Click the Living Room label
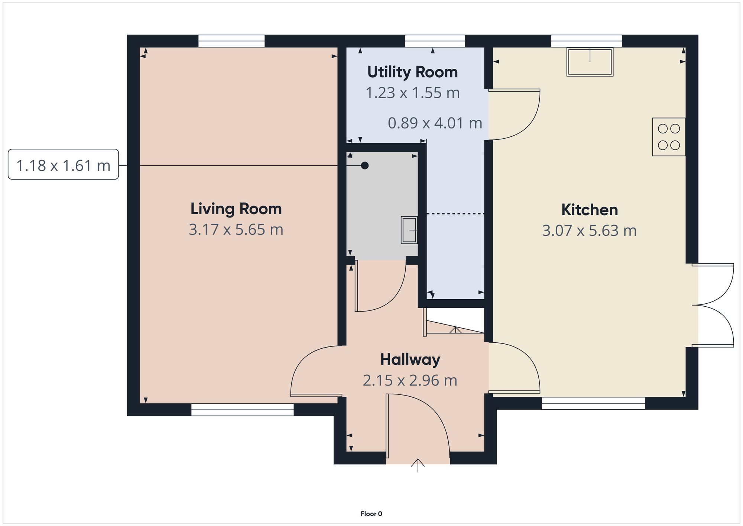(236, 209)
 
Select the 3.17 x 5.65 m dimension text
(236, 230)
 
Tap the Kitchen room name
(590, 210)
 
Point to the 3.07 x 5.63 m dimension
(589, 231)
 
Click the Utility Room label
(412, 72)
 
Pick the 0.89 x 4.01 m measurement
(435, 123)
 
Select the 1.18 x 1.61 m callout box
(63, 165)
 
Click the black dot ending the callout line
(365, 165)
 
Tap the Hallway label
(410, 359)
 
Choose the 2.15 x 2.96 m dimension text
(410, 381)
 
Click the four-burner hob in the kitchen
(669, 137)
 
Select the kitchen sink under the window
(590, 62)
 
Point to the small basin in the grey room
(409, 230)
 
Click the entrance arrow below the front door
(418, 465)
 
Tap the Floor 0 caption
(371, 514)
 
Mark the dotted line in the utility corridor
(455, 214)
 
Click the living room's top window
(231, 41)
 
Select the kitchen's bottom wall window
(593, 403)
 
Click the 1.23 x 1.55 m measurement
(412, 93)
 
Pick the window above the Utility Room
(435, 41)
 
